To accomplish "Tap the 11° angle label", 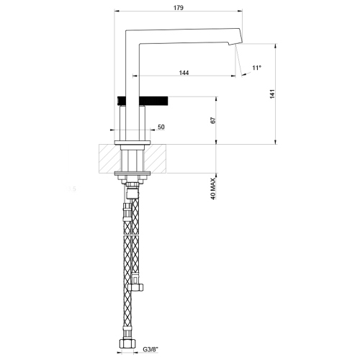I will [x=256, y=68].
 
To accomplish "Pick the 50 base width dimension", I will [x=161, y=127].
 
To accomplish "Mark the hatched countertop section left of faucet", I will [x=108, y=158].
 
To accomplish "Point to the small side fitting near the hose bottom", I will [x=141, y=288].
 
